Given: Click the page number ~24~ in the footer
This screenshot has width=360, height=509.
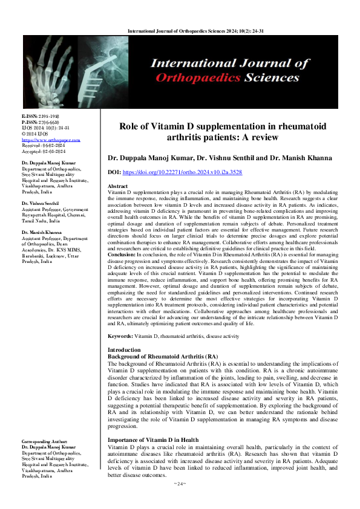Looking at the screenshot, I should click(180, 501).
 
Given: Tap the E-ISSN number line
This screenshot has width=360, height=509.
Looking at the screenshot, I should click(41, 115).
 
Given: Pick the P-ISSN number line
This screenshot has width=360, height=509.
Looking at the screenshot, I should click(41, 121).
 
